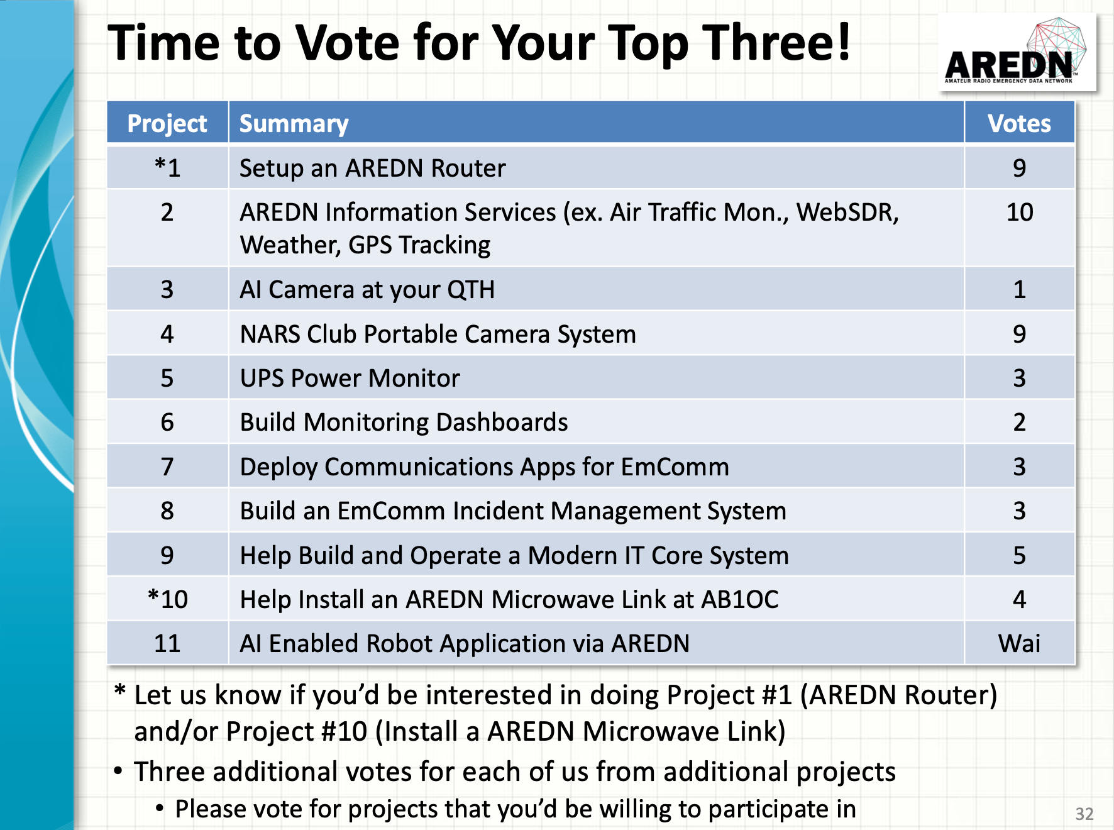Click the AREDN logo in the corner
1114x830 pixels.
pos(1017,52)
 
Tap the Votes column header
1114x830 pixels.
pos(1019,123)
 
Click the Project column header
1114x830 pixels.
pos(167,124)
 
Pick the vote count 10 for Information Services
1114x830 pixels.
pos(1020,213)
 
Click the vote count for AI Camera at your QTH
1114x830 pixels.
pos(1020,289)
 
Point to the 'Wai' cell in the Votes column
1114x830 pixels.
pos(1019,643)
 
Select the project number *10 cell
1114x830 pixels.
pos(167,599)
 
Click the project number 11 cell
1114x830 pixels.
pos(167,643)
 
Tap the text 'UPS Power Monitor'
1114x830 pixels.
pos(350,378)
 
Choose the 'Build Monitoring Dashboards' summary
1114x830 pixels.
pos(404,423)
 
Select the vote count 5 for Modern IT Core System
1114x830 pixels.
pos(1020,555)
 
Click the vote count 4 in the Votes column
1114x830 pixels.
pos(1020,599)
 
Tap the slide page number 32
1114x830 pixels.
pos(1084,814)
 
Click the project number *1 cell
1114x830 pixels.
pos(167,167)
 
